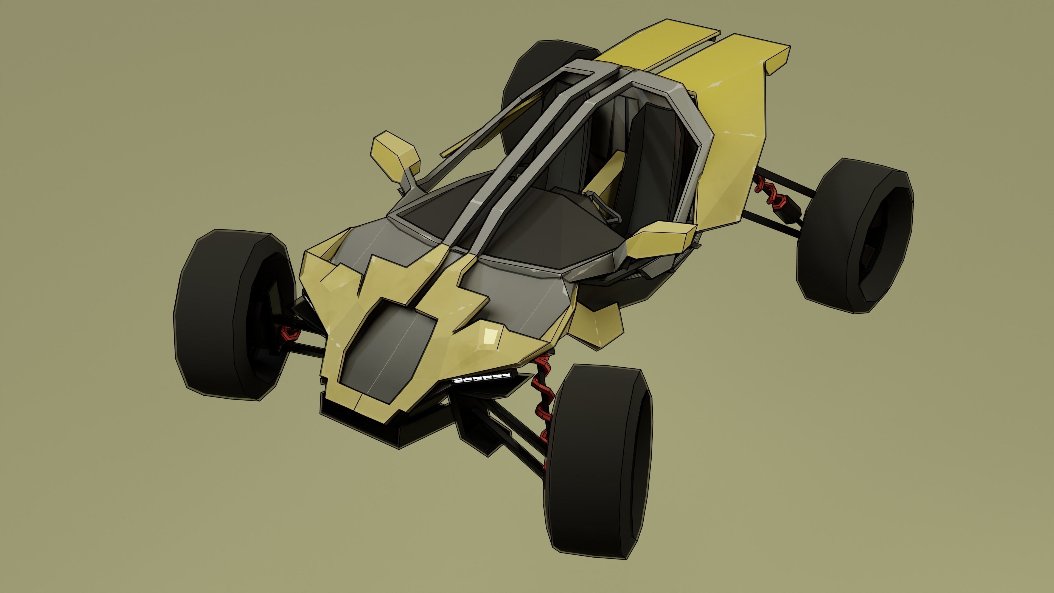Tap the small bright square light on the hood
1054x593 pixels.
point(490,336)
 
